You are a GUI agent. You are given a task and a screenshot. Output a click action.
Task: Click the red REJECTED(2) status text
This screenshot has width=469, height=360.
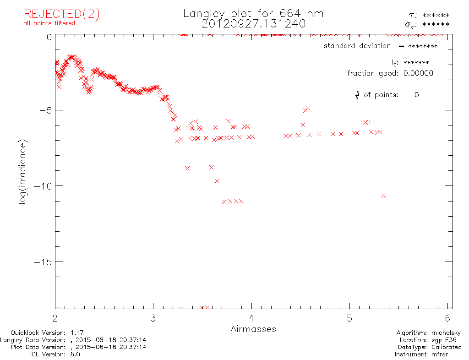(x=62, y=14)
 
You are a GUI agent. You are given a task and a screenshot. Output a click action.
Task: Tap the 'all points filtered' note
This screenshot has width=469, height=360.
(x=49, y=23)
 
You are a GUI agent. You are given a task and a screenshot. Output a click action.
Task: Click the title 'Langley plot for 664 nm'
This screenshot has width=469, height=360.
(x=253, y=13)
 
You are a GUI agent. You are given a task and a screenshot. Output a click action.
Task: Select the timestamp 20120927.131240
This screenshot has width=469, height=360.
(x=253, y=23)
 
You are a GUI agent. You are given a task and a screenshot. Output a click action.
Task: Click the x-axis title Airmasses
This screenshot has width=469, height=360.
(x=253, y=329)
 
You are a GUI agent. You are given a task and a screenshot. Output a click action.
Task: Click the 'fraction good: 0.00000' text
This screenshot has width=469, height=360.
(x=390, y=73)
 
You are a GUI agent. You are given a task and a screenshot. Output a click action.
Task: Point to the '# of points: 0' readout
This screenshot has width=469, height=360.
(x=387, y=95)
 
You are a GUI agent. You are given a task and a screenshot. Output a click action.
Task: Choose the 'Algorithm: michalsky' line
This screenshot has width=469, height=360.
(x=429, y=333)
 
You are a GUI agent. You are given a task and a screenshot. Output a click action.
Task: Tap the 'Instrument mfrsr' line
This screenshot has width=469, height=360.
(x=428, y=354)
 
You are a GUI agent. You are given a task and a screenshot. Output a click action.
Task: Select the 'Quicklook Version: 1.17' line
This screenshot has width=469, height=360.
(x=47, y=333)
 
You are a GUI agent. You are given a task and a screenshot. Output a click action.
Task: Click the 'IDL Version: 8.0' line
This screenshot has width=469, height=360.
(x=55, y=354)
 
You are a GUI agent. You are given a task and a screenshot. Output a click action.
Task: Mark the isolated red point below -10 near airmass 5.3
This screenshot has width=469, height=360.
(x=384, y=196)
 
